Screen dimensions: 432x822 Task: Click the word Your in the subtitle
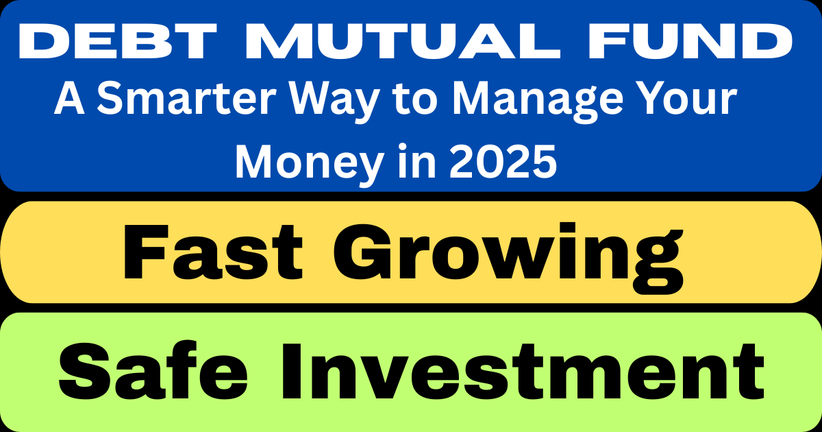click(690, 101)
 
